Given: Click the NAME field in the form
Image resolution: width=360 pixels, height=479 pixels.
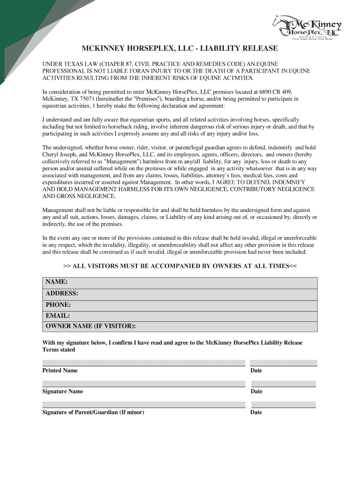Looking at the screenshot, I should click(180, 283).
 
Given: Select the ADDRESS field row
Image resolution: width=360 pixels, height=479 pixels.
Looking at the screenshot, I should click(180, 294).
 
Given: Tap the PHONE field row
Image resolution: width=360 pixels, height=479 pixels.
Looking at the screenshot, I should click(180, 305).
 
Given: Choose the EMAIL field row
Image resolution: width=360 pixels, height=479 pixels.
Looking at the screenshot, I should click(180, 316).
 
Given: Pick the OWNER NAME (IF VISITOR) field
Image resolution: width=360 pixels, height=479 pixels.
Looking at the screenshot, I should click(180, 327).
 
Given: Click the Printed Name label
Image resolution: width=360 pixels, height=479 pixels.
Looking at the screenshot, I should click(60, 370).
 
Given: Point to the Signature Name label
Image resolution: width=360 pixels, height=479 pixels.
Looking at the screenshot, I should click(63, 392).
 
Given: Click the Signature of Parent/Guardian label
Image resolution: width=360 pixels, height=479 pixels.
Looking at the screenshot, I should click(93, 412).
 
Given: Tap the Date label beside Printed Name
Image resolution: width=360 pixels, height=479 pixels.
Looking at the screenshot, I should click(256, 370).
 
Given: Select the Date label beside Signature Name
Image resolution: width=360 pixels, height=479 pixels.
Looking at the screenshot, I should click(256, 392).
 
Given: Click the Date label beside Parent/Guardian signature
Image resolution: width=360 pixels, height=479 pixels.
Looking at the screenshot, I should click(256, 412).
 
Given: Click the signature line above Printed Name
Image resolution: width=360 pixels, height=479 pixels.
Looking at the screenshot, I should click(144, 363).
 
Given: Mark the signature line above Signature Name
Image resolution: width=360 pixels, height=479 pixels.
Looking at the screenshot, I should click(144, 384).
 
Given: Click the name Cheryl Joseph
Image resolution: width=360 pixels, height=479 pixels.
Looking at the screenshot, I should click(60, 154).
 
